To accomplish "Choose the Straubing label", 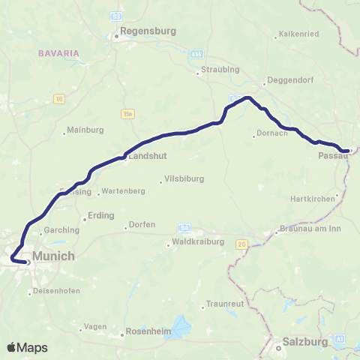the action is (219, 70).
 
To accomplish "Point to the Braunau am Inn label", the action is (310, 229).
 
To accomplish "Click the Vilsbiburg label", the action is (186, 180).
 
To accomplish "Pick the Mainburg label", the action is (85, 130).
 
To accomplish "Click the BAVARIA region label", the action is (55, 53).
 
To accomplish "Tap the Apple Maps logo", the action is (27, 347).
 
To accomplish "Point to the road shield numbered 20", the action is (241, 244).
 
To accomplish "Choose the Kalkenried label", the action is (299, 34).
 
